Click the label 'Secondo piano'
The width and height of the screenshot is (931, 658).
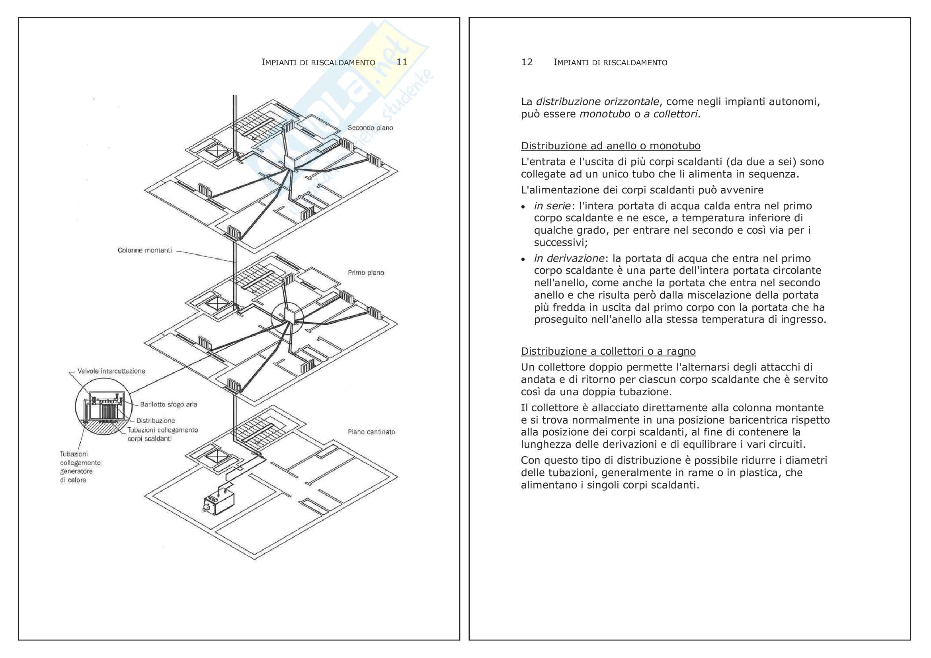tap(370, 128)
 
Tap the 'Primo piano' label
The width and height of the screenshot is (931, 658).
tap(365, 272)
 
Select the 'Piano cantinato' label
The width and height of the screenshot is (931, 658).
tap(371, 432)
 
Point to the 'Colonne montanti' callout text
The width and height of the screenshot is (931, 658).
tap(145, 250)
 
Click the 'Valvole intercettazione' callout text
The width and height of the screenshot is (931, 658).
tap(111, 371)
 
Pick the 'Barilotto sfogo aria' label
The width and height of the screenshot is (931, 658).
tap(168, 404)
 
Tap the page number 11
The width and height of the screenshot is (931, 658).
tap(402, 62)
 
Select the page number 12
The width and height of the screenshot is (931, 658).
tap(527, 62)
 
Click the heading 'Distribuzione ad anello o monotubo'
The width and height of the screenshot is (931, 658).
tap(611, 146)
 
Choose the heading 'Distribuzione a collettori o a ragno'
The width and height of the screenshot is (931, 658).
tap(608, 351)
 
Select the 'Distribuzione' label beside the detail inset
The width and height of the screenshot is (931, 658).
tap(155, 420)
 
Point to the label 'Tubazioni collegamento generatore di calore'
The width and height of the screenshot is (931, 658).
tap(80, 467)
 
